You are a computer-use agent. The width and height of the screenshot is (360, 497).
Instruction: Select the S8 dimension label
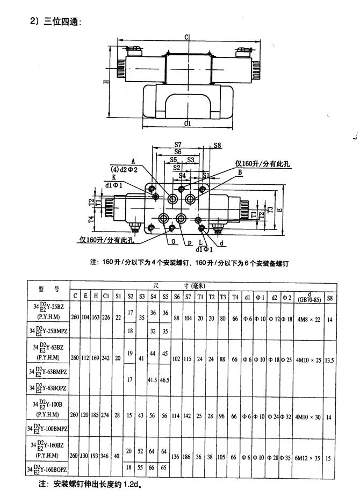pyautogui.click(x=217, y=146)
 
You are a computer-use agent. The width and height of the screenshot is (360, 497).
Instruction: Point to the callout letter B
pyautogui.click(x=240, y=172)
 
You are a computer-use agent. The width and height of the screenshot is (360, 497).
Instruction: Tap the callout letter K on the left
pyautogui.click(x=114, y=177)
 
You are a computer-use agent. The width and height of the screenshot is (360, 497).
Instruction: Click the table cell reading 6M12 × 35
pyautogui.click(x=307, y=457)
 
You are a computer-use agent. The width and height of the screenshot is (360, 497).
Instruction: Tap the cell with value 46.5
pyautogui.click(x=165, y=379)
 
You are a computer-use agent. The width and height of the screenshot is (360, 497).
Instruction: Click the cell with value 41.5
pyautogui.click(x=153, y=379)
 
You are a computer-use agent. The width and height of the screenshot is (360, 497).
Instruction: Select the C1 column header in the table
pyautogui.click(x=106, y=296)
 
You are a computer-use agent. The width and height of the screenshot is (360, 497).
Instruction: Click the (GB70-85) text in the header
pyautogui.click(x=307, y=298)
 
